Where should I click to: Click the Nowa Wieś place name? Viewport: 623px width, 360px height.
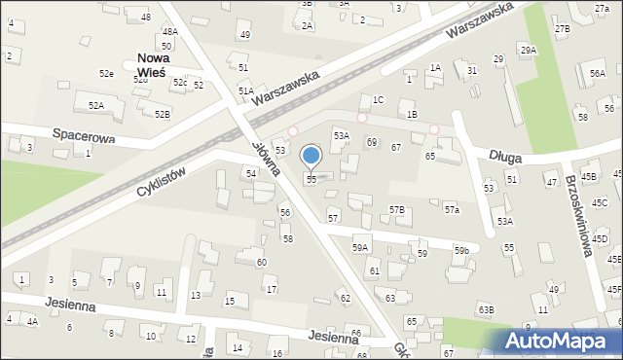[152, 64]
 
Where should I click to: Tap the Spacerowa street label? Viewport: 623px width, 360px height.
[84, 138]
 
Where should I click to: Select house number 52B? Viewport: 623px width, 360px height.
[162, 115]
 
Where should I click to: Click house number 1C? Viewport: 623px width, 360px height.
[379, 100]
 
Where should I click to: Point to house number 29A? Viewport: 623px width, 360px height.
[528, 50]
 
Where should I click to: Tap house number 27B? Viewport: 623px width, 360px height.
[563, 29]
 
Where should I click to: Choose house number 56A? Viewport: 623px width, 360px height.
[597, 73]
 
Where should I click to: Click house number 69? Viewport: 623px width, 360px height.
[371, 143]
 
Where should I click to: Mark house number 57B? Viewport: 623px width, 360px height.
[396, 210]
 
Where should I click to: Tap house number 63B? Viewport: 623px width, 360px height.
[486, 309]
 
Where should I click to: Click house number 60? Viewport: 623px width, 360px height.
[261, 263]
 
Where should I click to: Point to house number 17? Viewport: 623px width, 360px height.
[272, 290]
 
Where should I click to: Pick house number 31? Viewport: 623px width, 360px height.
[472, 71]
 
